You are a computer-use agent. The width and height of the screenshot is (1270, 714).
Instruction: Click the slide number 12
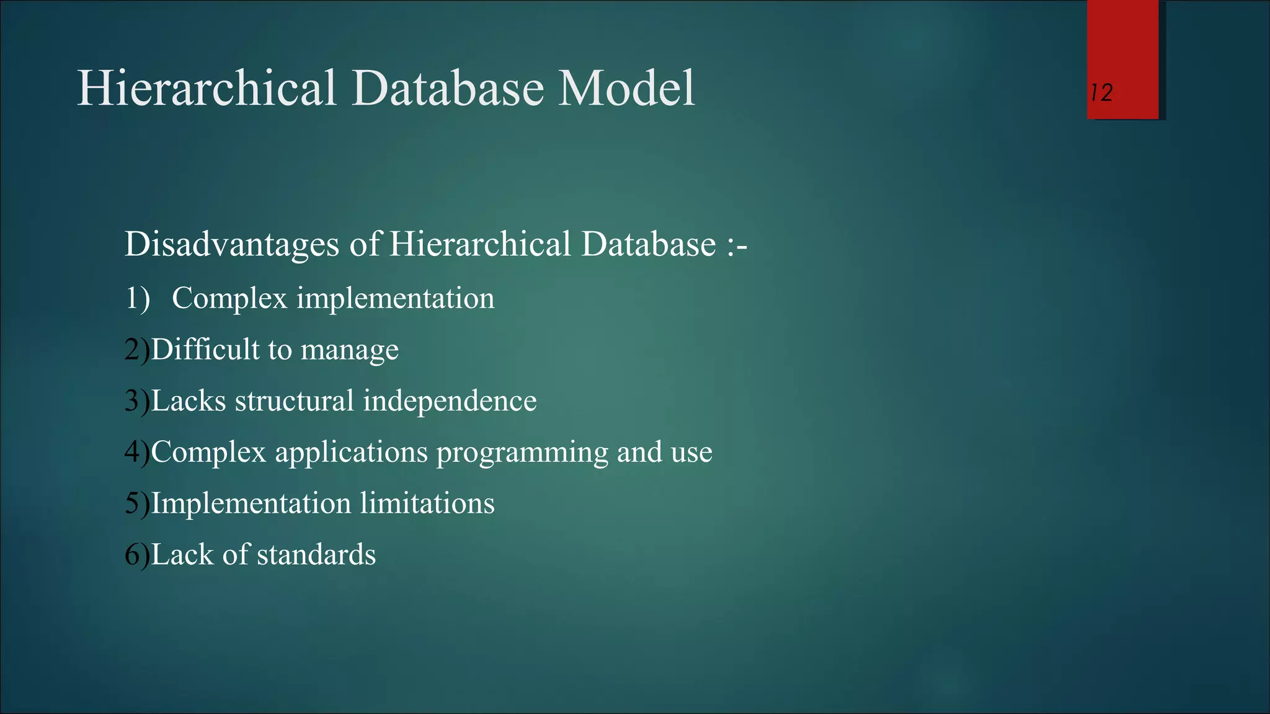1101,93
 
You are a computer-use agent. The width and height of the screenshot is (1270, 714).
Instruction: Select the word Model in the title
626,88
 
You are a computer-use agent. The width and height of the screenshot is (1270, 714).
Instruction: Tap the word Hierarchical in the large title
206,88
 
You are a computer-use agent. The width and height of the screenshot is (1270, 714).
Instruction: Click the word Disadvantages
231,244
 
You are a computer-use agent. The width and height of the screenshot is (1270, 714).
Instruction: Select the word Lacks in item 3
188,401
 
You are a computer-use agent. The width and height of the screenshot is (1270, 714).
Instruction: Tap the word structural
294,401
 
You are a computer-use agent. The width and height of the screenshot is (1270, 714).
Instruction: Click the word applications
351,452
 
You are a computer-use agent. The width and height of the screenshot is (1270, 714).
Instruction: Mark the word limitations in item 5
427,503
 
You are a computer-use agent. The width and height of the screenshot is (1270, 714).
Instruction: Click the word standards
316,554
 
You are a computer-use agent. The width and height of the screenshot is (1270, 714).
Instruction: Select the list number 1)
138,298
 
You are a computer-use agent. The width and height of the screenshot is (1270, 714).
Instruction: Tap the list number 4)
137,452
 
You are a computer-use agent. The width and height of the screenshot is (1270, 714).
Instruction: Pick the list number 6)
137,554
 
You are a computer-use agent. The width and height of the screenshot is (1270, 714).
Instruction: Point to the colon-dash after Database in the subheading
736,245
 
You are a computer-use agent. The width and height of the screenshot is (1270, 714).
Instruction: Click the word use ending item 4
692,452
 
